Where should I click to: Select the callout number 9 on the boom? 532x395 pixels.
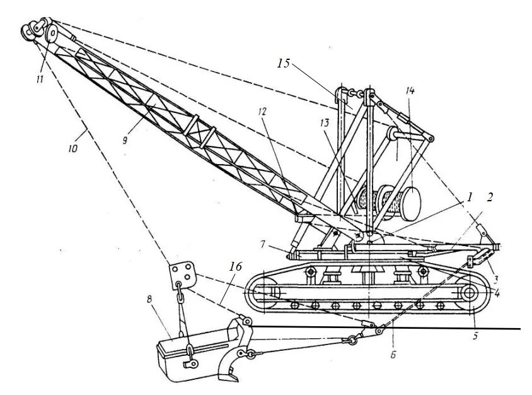(x=125, y=140)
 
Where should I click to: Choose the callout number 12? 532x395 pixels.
(x=262, y=112)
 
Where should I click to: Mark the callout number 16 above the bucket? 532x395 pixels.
(x=234, y=267)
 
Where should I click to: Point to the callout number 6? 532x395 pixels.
(x=392, y=355)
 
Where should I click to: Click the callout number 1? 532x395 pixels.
(x=469, y=197)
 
